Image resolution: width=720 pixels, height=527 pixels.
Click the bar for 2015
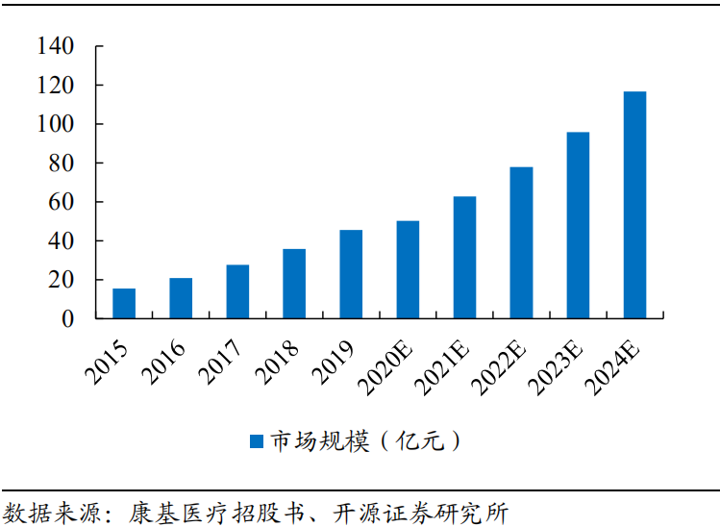pyautogui.click(x=124, y=303)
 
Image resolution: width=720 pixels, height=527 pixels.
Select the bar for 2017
pyautogui.click(x=237, y=291)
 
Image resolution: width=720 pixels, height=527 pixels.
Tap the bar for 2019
pyautogui.click(x=351, y=274)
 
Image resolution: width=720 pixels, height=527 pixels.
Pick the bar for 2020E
pyautogui.click(x=408, y=269)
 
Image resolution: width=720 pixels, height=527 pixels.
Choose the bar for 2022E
pyautogui.click(x=521, y=242)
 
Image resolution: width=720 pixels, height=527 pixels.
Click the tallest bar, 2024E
pyautogui.click(x=634, y=205)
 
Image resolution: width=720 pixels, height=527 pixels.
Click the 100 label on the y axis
pyautogui.click(x=56, y=124)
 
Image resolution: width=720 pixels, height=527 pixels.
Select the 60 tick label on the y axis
pyautogui.click(x=62, y=202)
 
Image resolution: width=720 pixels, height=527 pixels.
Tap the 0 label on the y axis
pyautogui.click(x=68, y=318)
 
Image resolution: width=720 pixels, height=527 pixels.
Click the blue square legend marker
pyautogui.click(x=257, y=441)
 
